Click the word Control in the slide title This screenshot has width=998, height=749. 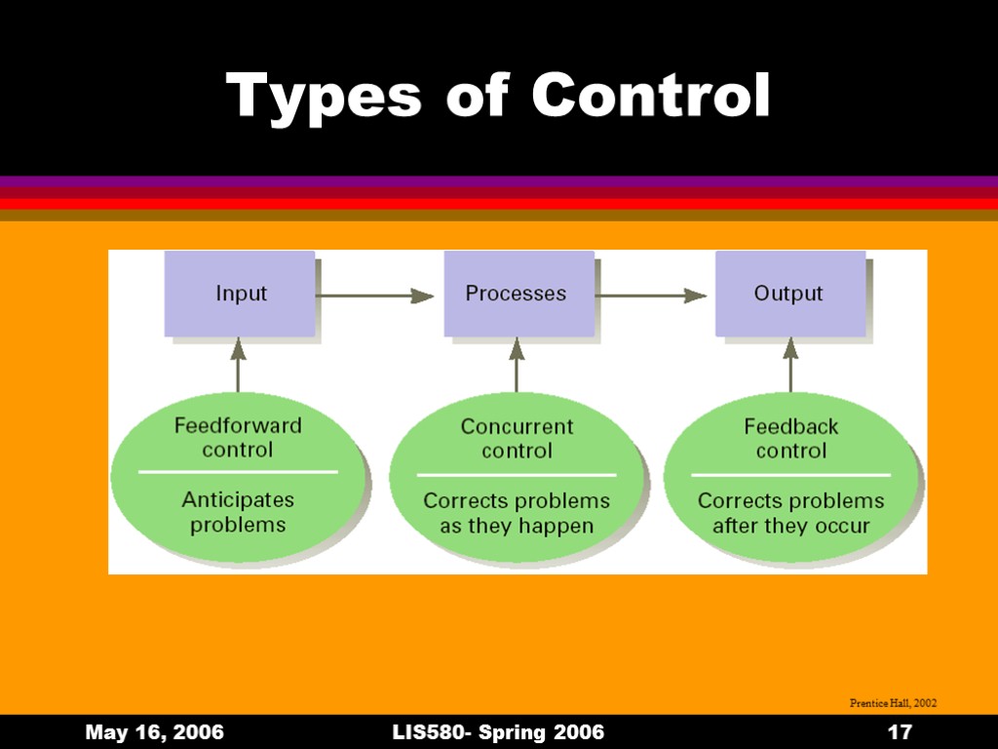(650, 96)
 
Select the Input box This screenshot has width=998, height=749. (240, 294)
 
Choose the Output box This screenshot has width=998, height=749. (790, 294)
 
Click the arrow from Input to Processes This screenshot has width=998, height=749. (376, 295)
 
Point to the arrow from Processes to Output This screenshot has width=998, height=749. (651, 295)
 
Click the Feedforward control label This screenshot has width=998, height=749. (238, 438)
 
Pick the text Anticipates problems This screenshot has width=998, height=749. (238, 512)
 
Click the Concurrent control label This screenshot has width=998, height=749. (517, 439)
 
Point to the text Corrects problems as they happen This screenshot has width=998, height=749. (517, 513)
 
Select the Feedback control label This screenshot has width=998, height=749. (790, 439)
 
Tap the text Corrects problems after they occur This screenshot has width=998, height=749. (790, 513)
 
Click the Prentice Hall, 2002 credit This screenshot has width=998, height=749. (893, 702)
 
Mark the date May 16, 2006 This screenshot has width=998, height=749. (155, 732)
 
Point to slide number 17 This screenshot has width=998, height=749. (900, 732)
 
